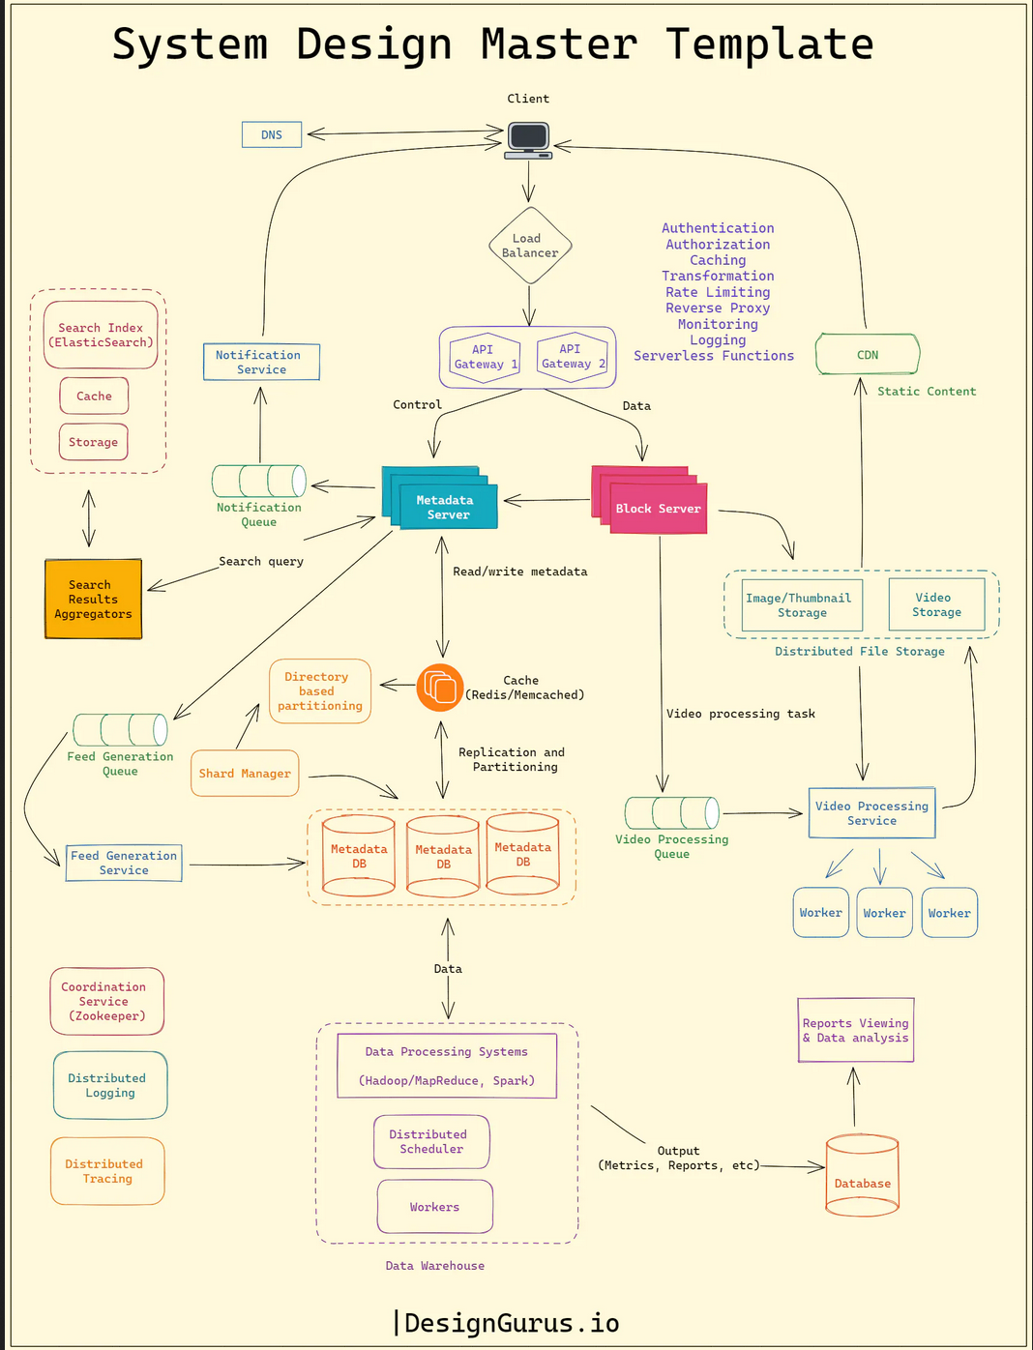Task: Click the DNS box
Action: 272,134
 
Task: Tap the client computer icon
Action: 528,138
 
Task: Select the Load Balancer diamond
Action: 529,246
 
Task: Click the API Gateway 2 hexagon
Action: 572,357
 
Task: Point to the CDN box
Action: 868,355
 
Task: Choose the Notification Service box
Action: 261,362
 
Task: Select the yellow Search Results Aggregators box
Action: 93,600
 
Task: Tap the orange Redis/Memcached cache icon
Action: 440,687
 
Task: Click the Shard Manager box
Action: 245,774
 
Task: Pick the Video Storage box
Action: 936,604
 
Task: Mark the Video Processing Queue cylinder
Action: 671,813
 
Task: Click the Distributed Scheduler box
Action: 431,1142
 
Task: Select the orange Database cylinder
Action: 862,1175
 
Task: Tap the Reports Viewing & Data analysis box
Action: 856,1031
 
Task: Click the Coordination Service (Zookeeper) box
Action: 106,1001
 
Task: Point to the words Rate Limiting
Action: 718,292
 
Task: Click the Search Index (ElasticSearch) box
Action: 101,335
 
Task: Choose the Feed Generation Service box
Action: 124,863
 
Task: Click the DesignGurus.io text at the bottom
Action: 510,1323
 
